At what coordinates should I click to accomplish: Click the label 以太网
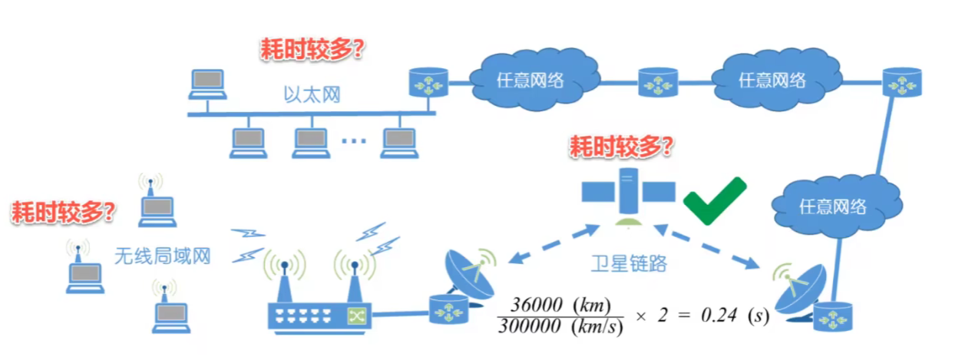[312, 94]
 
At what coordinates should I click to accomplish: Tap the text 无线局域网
[162, 256]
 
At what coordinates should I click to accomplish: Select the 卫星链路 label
[629, 263]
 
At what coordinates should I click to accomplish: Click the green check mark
[716, 201]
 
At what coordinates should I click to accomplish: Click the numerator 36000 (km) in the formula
[560, 304]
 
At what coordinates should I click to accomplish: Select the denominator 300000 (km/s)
[560, 326]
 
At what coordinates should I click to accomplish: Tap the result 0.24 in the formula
[719, 315]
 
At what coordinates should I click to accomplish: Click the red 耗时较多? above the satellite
[622, 147]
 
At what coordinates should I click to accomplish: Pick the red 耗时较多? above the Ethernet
[312, 49]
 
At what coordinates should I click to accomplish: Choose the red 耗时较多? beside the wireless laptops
[63, 212]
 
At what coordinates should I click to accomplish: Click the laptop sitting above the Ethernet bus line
[207, 84]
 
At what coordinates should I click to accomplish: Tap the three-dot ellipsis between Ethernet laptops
[353, 140]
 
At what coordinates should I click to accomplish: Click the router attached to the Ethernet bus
[428, 82]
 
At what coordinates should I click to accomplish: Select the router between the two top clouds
[658, 82]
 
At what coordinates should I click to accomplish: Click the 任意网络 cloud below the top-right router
[837, 206]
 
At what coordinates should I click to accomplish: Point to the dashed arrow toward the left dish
[554, 244]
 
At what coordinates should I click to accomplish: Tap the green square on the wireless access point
[356, 316]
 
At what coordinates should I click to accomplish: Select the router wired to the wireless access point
[448, 310]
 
